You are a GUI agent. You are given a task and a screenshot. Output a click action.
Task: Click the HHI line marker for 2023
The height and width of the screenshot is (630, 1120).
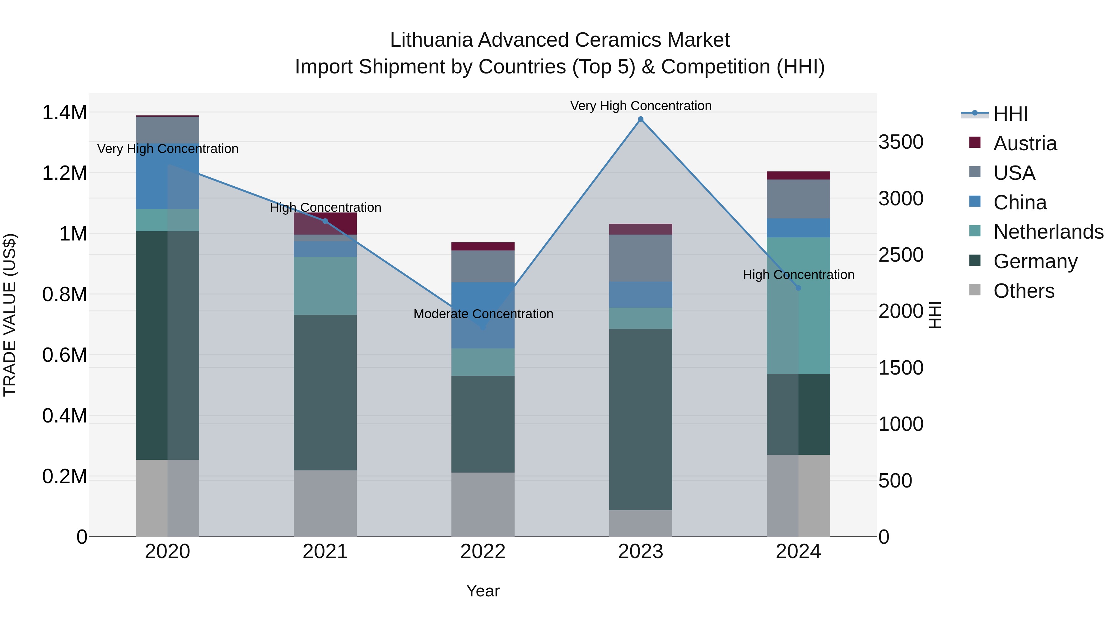(641, 119)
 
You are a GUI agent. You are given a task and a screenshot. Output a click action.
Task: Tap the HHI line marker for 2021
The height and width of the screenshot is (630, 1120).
(325, 221)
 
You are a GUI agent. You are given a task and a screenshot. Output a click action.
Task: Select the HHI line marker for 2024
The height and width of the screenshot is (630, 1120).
(798, 288)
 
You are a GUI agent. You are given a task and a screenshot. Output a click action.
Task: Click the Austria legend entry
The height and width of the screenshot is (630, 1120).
(1025, 143)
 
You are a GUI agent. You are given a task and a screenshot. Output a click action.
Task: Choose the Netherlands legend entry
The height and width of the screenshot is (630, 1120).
(1048, 232)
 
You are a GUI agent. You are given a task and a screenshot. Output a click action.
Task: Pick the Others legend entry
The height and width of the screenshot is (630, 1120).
(1024, 291)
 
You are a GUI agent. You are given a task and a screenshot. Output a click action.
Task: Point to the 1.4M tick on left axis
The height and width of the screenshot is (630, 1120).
(64, 113)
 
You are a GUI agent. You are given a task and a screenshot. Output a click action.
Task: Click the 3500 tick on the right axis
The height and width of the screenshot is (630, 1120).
(901, 142)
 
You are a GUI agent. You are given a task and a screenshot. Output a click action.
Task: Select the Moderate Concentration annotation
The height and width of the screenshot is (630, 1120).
(483, 314)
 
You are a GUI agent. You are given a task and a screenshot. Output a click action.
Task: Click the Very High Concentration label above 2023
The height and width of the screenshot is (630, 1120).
(641, 106)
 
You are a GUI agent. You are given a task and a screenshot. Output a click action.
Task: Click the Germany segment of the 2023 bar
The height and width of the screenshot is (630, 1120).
(641, 420)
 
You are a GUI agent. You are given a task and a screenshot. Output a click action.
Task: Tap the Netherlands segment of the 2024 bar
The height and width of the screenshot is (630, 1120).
(798, 305)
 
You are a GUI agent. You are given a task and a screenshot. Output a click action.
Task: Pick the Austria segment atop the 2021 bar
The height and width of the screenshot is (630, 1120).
(325, 223)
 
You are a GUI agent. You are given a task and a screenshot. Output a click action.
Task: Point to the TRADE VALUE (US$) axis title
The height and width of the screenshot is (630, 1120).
(10, 315)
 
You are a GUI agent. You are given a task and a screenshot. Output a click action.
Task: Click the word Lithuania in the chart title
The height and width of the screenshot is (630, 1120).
(431, 40)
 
